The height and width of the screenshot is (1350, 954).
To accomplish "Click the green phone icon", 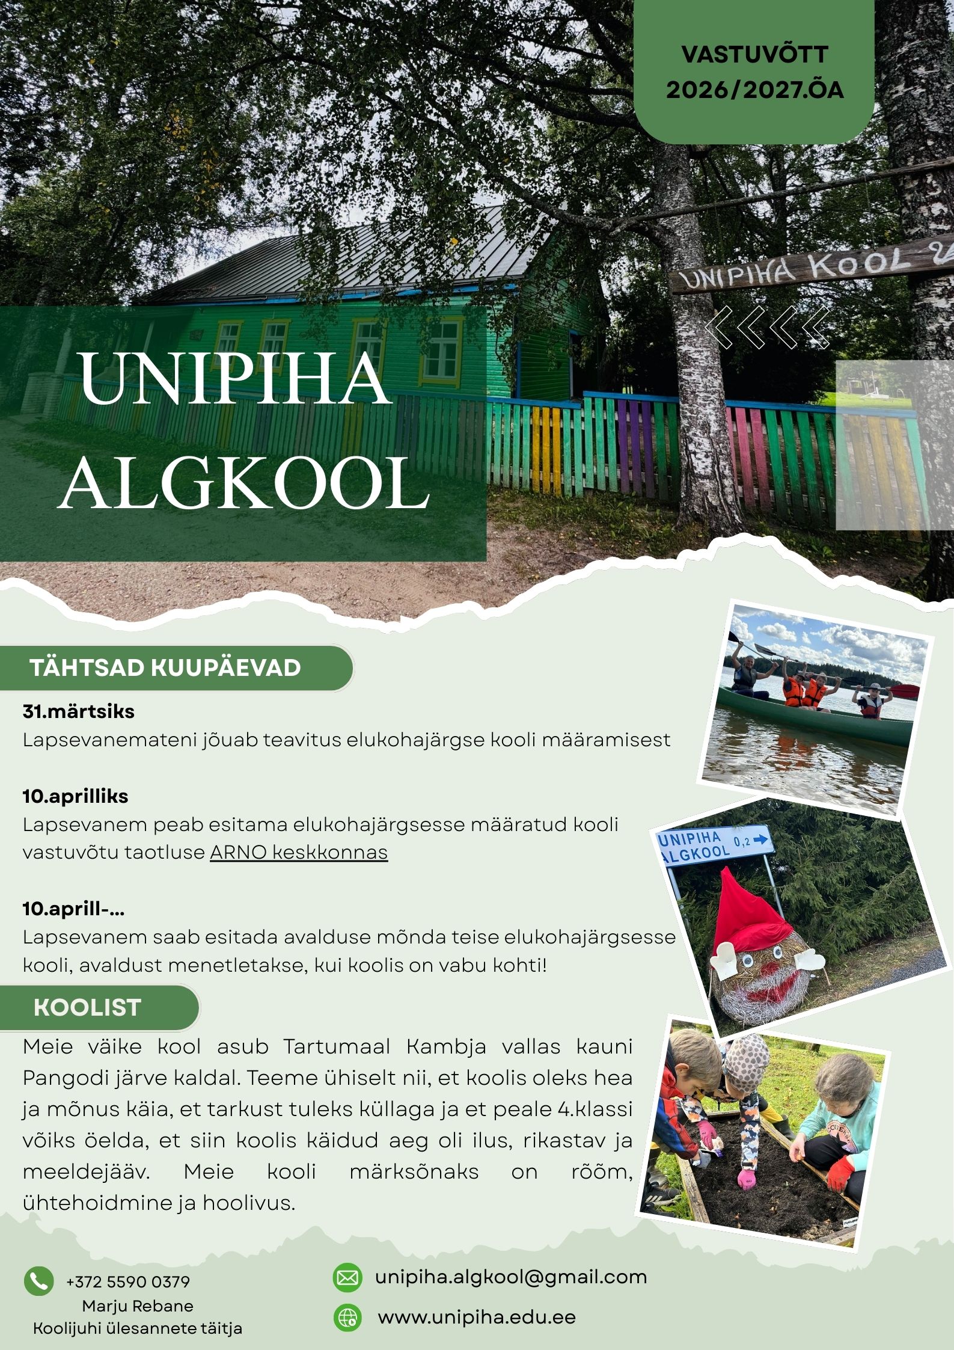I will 38,1281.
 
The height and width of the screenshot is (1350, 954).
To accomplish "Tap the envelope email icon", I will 347,1277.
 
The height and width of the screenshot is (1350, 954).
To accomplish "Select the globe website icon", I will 347,1318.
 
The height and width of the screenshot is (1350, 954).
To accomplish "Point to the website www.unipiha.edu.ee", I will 477,1318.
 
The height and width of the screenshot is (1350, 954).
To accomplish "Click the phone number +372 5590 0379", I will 128,1281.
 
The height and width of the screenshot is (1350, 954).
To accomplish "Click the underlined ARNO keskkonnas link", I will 299,852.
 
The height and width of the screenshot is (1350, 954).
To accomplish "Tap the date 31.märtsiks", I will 79,711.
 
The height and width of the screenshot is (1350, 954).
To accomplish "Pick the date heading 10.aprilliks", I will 76,796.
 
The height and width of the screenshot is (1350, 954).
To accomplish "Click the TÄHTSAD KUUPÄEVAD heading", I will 165,668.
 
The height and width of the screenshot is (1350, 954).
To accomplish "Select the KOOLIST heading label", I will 88,1007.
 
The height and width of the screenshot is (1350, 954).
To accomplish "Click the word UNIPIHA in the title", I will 234,379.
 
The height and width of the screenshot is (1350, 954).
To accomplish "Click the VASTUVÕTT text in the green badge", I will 754,55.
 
